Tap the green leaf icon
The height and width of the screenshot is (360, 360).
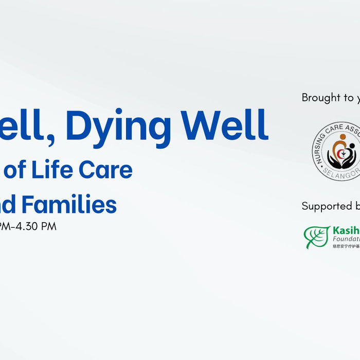click(316, 237)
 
